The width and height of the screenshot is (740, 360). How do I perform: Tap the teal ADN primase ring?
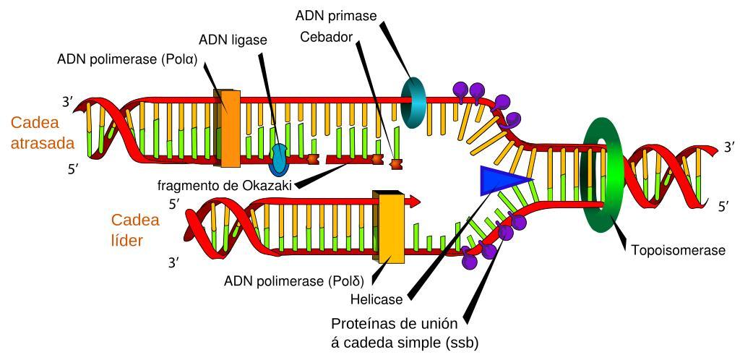click(x=414, y=102)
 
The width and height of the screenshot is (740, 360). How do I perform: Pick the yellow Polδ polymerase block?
click(x=391, y=226)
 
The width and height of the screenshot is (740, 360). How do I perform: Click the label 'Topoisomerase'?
click(x=677, y=250)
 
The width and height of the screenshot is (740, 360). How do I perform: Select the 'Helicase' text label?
click(x=377, y=297)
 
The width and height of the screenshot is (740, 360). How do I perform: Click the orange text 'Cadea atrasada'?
click(x=43, y=133)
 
